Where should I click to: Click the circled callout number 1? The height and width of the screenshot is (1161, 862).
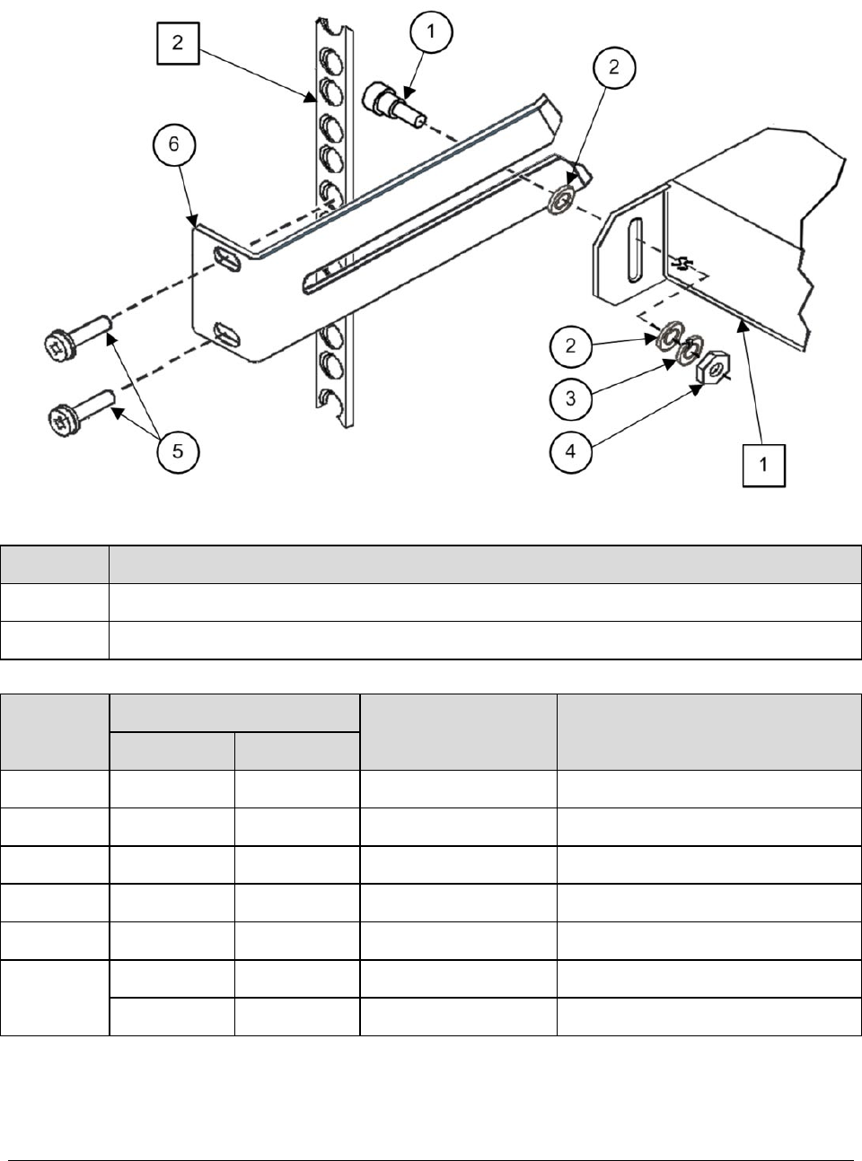click(x=431, y=32)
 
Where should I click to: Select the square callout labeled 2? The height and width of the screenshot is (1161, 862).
click(x=178, y=43)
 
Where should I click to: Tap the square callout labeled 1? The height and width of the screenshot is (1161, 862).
click(x=763, y=466)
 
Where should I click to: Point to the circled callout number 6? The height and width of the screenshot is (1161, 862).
click(x=174, y=144)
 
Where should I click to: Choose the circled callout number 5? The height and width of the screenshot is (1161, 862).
click(x=178, y=451)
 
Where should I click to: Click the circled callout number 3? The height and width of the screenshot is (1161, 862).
click(x=571, y=398)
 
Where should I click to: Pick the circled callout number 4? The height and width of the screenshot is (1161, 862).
click(x=571, y=451)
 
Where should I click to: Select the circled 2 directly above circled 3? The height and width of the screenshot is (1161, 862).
click(x=571, y=346)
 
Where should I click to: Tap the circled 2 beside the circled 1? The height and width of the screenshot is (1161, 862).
click(x=613, y=67)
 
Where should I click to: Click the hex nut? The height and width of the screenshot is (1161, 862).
click(x=711, y=368)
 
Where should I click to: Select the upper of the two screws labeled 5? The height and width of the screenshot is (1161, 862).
click(x=76, y=337)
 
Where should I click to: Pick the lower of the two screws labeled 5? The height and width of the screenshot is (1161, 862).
click(x=80, y=412)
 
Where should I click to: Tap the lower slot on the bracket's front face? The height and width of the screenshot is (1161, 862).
click(x=227, y=335)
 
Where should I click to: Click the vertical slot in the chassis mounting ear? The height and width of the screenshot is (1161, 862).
click(x=632, y=251)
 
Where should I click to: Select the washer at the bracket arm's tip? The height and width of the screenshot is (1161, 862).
click(x=563, y=200)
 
